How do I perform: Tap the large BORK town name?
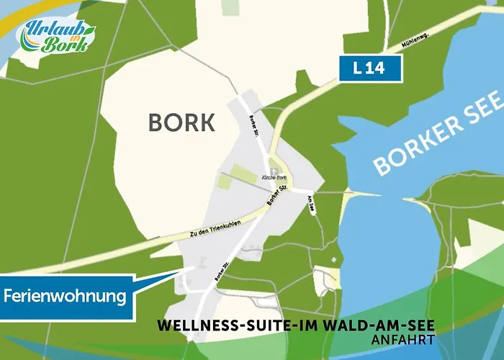point(181,122)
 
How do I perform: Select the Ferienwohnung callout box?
point(66,295)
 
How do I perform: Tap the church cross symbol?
point(274,169)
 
